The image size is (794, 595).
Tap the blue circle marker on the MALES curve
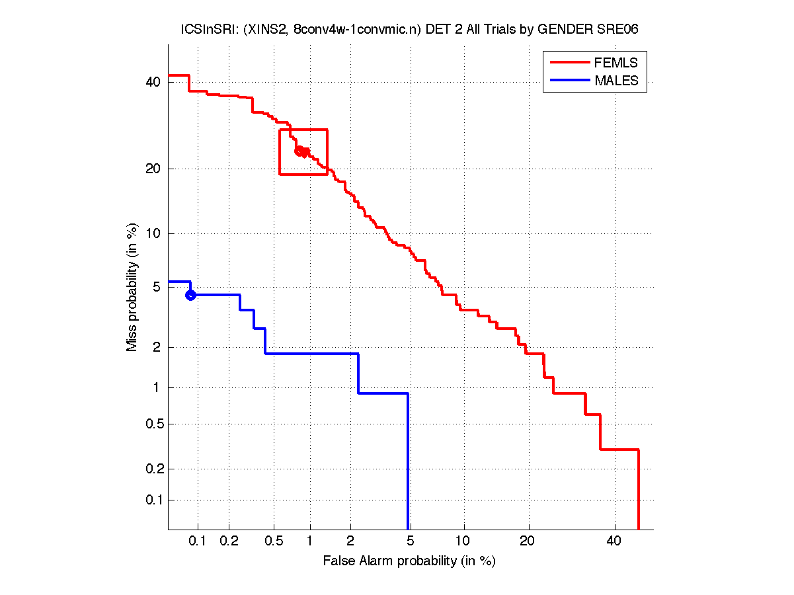(x=190, y=295)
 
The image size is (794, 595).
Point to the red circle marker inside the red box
(x=299, y=151)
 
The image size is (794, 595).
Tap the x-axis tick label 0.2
(x=229, y=541)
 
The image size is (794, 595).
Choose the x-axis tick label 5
(x=409, y=541)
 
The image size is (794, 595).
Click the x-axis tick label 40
(x=614, y=541)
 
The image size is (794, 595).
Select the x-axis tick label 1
(x=309, y=541)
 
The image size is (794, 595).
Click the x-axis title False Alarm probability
(x=409, y=561)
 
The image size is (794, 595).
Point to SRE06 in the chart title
(x=619, y=30)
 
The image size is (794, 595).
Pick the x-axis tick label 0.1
(x=198, y=541)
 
